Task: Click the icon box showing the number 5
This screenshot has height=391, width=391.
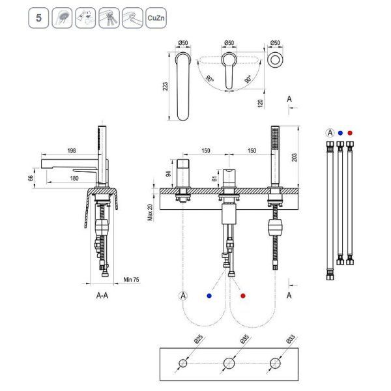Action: pos(38,18)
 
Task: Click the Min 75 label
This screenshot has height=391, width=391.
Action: pos(131,280)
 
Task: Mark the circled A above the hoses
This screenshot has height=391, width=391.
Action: pos(330,132)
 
